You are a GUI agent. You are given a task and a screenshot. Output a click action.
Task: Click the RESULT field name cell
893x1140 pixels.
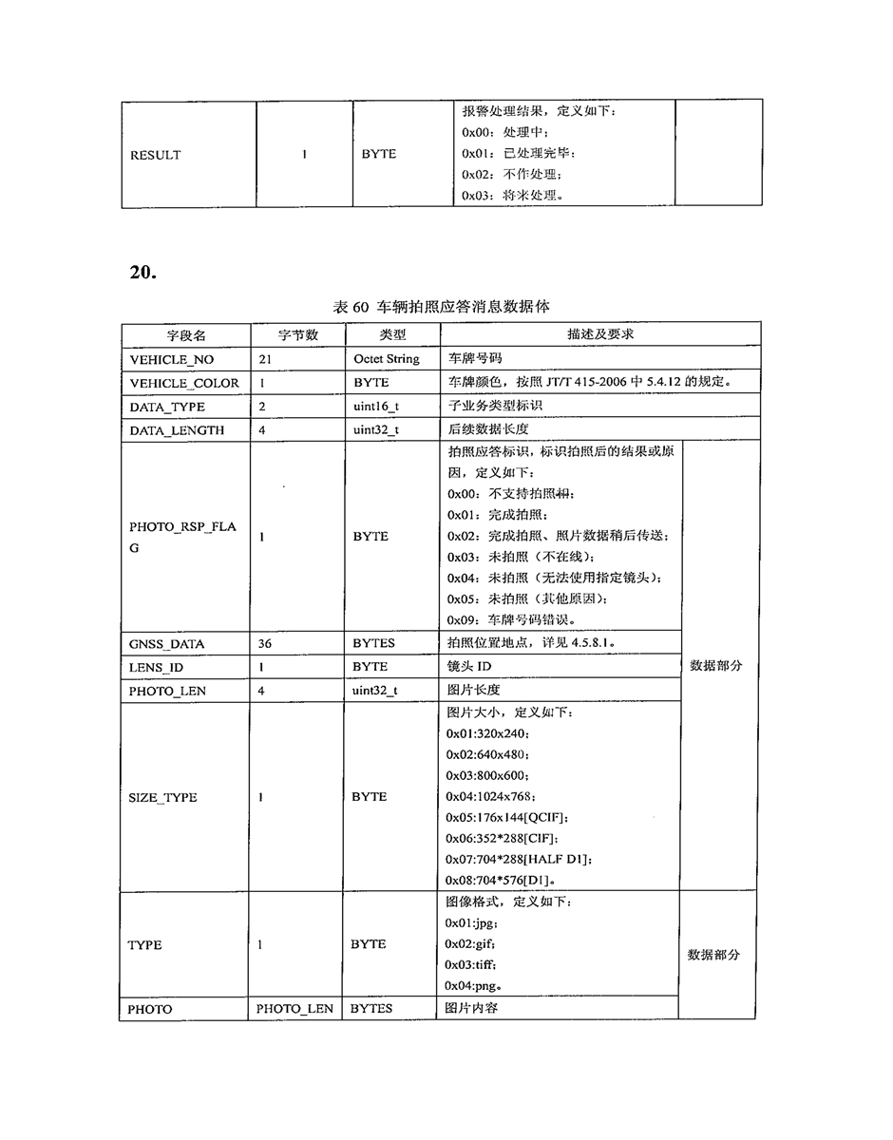155,155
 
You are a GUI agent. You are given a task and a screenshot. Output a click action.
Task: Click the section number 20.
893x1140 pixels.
144,273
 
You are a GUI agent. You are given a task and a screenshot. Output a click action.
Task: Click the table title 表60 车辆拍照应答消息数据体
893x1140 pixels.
441,307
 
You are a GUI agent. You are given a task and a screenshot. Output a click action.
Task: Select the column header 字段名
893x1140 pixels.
186,335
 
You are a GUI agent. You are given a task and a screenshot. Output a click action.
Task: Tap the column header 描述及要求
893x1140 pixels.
600,335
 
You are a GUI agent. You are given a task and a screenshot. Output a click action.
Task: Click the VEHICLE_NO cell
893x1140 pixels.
172,359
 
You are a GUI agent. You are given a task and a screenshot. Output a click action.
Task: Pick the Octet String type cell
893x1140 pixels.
386,359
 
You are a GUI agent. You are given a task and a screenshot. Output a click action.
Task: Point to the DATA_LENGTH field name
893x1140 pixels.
177,429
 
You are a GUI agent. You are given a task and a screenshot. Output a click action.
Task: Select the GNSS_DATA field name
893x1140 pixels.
166,643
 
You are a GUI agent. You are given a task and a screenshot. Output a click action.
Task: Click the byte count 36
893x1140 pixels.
265,643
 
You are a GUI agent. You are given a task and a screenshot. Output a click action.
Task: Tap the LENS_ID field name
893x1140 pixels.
157,667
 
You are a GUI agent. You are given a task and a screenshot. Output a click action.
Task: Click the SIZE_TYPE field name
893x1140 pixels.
162,797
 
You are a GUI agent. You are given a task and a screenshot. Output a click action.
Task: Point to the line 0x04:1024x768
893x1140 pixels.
491,795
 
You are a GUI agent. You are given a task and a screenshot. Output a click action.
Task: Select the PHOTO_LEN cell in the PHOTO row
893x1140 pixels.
294,1008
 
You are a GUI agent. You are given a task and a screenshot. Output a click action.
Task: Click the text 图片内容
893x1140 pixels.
471,1007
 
